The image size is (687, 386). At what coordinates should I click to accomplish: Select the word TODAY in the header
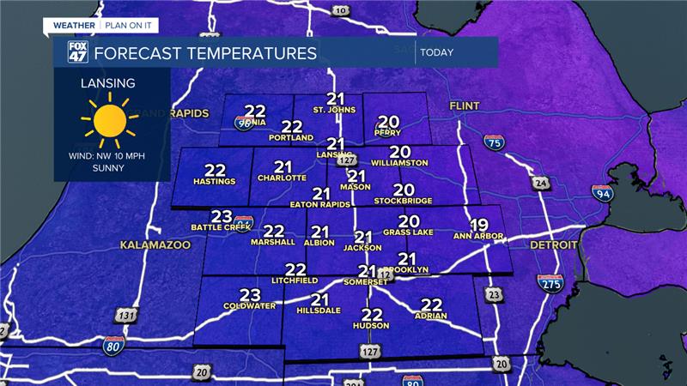(437, 53)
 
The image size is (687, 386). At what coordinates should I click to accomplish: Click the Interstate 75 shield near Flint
(494, 144)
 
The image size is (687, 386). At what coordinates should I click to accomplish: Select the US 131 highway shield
(126, 316)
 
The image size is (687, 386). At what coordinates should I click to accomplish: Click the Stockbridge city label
(403, 202)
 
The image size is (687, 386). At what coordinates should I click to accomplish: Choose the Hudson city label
(371, 326)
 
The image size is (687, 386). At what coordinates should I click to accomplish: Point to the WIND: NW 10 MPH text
(109, 157)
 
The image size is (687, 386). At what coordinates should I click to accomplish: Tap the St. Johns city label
(334, 110)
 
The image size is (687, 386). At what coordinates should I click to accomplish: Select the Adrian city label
(431, 317)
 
